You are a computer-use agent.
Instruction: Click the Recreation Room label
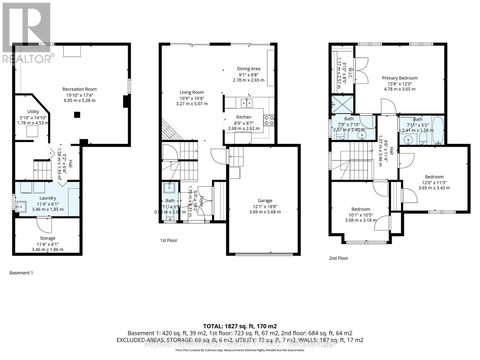click(x=79, y=89)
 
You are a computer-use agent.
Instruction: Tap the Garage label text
click(x=265, y=200)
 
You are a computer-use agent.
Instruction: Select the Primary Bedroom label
click(x=400, y=78)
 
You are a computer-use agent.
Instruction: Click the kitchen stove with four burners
click(x=269, y=120)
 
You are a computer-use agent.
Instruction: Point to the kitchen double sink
click(x=247, y=103)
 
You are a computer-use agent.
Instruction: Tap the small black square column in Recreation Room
click(x=77, y=115)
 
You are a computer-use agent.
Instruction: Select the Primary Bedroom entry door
click(x=389, y=106)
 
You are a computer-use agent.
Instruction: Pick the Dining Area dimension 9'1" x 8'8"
click(x=248, y=75)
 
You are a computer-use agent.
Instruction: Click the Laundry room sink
click(x=21, y=207)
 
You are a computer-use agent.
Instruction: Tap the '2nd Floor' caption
click(x=338, y=258)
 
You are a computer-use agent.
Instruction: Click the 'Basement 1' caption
click(x=21, y=273)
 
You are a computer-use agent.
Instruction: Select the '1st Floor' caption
click(x=169, y=240)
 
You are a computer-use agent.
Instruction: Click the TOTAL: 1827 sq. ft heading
click(x=240, y=326)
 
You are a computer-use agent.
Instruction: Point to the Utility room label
click(x=33, y=112)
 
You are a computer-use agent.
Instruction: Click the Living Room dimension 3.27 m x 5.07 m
click(x=192, y=104)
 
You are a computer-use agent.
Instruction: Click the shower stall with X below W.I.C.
click(x=342, y=104)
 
